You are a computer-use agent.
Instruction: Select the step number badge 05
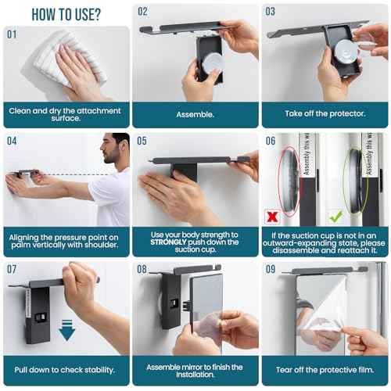coord(142,142)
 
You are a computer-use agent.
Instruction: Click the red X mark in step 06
coord(271,213)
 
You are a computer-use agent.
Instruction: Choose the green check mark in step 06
coord(336,213)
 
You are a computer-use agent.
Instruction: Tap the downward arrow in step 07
coord(67,332)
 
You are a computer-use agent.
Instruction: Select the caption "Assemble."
coord(195,113)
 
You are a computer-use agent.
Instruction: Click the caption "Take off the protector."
coord(325,113)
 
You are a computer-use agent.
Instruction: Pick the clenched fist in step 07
coord(79,280)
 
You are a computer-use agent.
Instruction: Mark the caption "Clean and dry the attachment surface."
coord(66,115)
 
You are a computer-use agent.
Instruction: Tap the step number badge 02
coord(142,13)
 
